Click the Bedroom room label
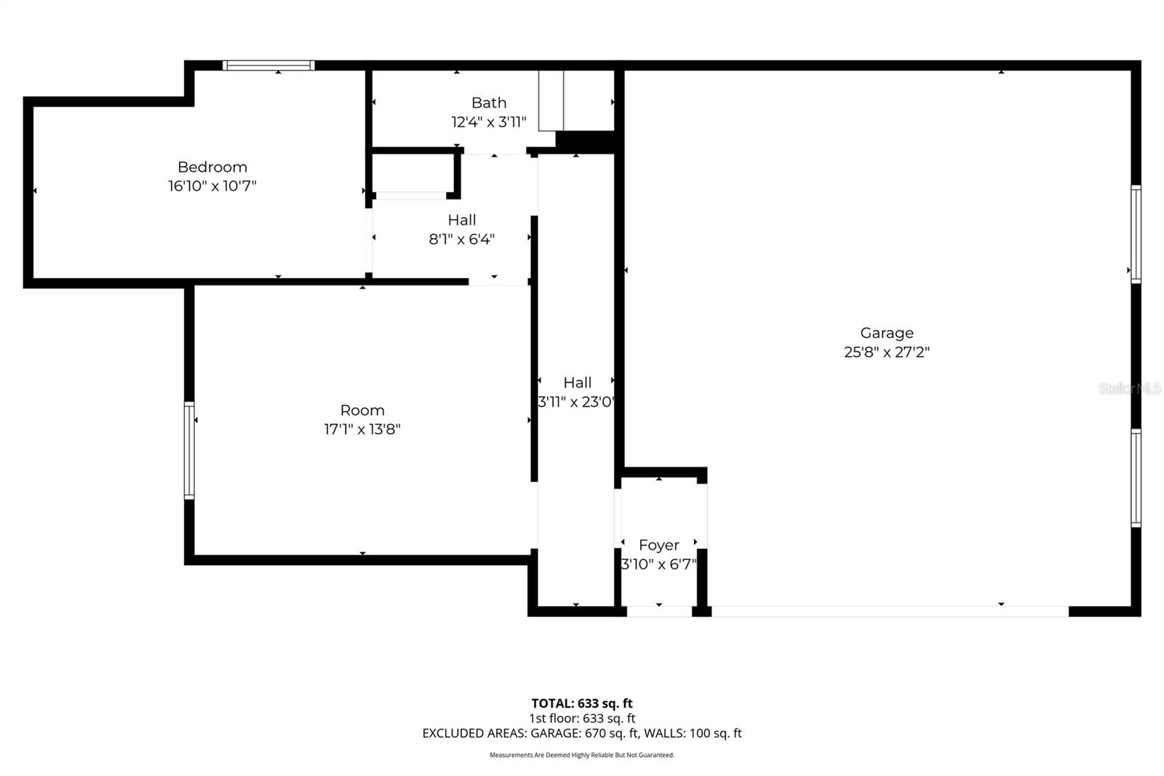point(212,167)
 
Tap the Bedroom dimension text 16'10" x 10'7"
point(212,186)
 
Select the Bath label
point(489,103)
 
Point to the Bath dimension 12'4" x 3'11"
point(489,122)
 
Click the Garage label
point(887,333)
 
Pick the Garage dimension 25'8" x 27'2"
point(887,352)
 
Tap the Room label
point(362,410)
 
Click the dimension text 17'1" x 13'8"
point(362,429)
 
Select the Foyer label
point(659,545)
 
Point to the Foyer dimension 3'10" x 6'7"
point(659,563)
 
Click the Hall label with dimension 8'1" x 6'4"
point(462,220)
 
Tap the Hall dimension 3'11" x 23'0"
point(576,401)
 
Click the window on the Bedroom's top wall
point(268,66)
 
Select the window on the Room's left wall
point(189,450)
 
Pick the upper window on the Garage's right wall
point(1135,234)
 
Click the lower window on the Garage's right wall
point(1135,478)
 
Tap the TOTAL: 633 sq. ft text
point(582,703)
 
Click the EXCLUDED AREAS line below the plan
point(582,733)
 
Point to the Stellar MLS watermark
point(1129,389)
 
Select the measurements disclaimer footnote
point(582,755)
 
